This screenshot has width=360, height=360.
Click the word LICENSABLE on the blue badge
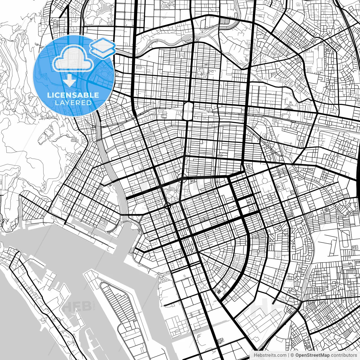coord(73,95)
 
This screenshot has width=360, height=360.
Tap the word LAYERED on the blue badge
coord(73,103)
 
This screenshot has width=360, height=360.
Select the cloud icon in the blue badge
coord(73,58)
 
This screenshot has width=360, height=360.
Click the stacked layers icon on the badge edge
coord(103,48)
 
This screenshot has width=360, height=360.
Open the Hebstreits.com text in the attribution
coord(270,355)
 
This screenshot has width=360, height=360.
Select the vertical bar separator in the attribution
coord(289,355)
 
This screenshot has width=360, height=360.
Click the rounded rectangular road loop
coord(188,111)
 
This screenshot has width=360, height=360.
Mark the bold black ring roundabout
coord(168,206)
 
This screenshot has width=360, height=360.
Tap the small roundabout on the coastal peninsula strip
coord(43,320)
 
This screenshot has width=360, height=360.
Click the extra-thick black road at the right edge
coord(358,180)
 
